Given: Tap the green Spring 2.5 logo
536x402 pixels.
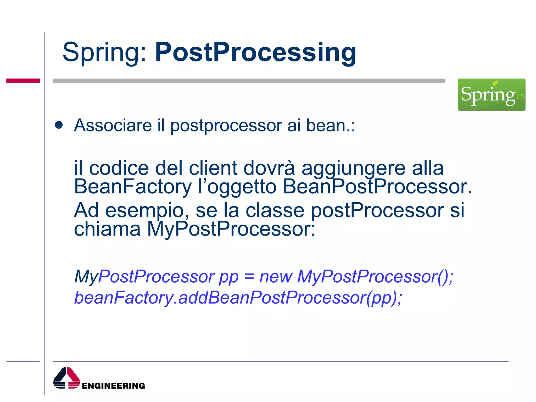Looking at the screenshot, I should tap(491, 94).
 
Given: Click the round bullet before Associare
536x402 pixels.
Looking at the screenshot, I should tap(59, 125).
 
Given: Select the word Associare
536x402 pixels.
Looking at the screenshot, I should tap(113, 125).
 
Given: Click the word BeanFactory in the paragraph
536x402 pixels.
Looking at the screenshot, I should tap(133, 187).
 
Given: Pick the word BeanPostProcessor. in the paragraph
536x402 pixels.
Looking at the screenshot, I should tap(377, 187).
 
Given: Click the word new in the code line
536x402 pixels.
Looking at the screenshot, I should tap(275, 277).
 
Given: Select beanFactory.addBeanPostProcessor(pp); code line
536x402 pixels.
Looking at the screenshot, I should tap(238, 298).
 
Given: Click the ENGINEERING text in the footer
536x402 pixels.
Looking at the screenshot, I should tap(113, 386).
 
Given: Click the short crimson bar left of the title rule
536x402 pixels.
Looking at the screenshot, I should tap(23, 81).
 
